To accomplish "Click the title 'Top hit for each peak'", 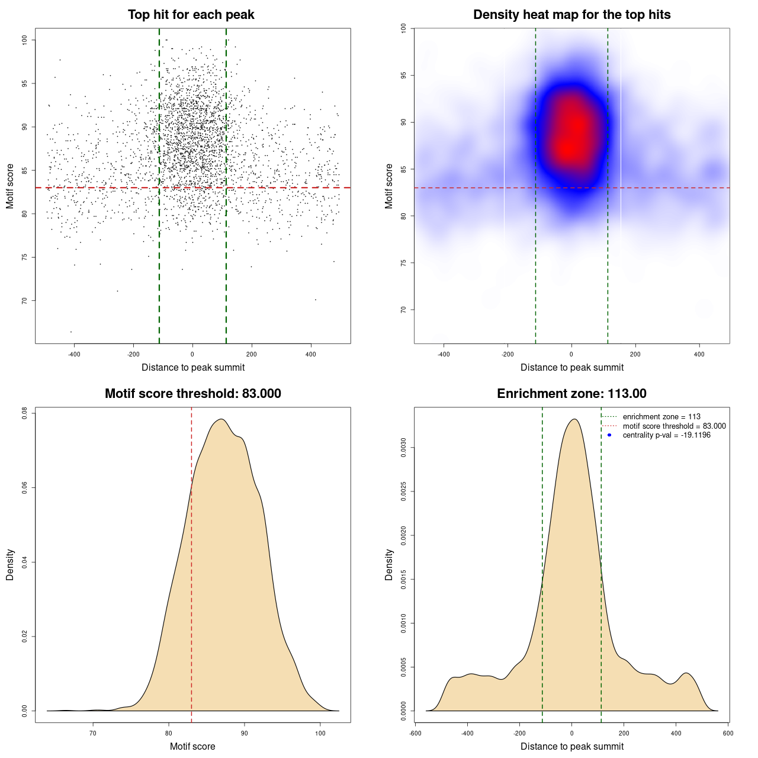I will click(191, 15).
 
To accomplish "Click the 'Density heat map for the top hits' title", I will click(571, 15).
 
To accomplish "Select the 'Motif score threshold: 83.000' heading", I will click(192, 394).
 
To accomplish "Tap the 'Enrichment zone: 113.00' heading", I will click(571, 394).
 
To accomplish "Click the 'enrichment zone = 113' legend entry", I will click(661, 417).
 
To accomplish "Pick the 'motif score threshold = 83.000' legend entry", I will click(674, 426).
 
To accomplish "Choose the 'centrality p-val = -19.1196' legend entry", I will click(666, 435).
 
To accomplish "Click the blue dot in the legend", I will click(609, 435).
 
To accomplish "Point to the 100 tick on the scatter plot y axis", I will click(24, 40).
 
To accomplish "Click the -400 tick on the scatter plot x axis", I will click(74, 354).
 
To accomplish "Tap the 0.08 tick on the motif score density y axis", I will click(24, 413).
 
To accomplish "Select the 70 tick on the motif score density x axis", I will click(93, 733).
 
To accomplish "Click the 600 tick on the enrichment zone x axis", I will click(728, 733).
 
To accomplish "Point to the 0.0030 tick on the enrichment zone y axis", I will click(403, 448).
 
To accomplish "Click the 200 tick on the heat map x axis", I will click(635, 354).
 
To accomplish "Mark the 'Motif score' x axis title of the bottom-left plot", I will click(192, 747).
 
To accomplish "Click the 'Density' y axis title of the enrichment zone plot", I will click(389, 564).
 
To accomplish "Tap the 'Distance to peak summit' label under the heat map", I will click(571, 368).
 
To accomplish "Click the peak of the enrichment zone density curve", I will click(573, 419).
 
